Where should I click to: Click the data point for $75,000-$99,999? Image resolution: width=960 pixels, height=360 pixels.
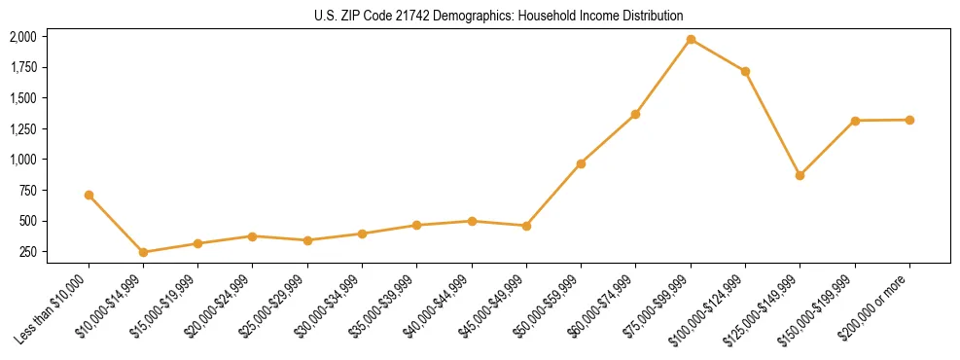tap(691, 39)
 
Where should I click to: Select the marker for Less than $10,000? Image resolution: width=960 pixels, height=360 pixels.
tap(89, 195)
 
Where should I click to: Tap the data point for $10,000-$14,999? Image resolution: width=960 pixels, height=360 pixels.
tap(143, 252)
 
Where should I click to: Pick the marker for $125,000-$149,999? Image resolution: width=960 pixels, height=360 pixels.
tap(800, 175)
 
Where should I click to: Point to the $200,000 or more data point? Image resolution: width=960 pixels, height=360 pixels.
tap(909, 120)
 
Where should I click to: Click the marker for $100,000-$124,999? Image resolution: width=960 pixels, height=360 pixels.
tap(745, 71)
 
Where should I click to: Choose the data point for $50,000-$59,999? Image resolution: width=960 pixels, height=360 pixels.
tap(581, 163)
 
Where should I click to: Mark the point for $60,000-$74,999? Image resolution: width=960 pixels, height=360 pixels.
tap(635, 114)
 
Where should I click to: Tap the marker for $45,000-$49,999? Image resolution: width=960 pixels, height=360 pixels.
tap(526, 226)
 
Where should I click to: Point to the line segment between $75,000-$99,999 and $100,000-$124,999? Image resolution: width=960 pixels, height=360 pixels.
tap(718, 55)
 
